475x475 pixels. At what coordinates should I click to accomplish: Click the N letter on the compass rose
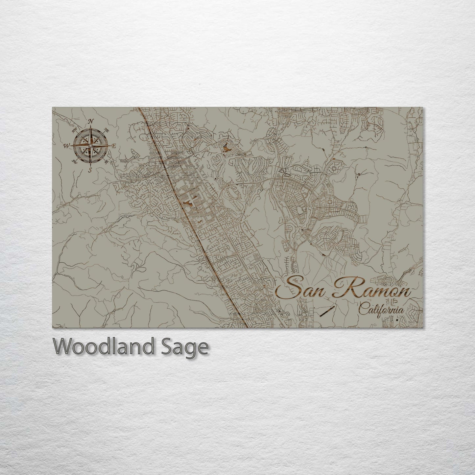pos(91,121)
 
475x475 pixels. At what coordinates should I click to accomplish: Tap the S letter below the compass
pos(90,170)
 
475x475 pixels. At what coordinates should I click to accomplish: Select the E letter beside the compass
pos(114,146)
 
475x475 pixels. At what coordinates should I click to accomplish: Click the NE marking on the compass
pos(107,130)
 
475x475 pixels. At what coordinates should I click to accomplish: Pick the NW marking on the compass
pos(75,129)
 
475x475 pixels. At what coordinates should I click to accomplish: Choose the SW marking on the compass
pos(75,161)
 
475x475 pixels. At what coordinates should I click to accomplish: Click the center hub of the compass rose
pos(91,145)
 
